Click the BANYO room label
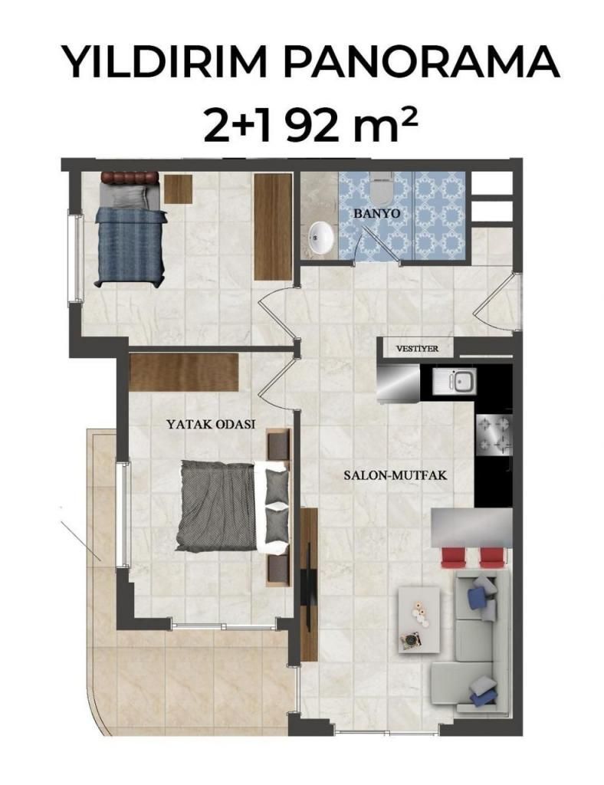377,213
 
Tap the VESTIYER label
417,349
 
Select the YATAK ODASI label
211,424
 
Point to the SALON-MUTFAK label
395,475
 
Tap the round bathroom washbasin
321,238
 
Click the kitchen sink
455,382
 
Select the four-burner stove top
494,434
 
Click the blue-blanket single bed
130,229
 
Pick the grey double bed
232,506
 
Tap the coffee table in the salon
419,619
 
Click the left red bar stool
453,558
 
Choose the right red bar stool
491,558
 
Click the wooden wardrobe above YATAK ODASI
184,372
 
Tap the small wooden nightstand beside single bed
178,189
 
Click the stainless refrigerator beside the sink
399,383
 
